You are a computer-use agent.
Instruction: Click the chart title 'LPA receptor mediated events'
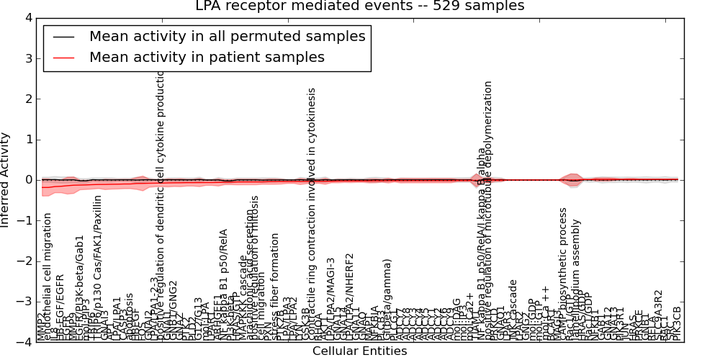[360, 6]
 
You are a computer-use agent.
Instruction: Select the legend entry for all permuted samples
[227, 36]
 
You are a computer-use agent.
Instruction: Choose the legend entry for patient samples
[207, 57]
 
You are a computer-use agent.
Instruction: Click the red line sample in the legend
[63, 58]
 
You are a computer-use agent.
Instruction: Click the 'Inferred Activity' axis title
[6, 180]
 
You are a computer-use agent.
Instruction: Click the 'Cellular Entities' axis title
[359, 351]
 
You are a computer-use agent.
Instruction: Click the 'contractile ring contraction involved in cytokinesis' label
[312, 209]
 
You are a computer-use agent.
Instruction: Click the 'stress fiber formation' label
[274, 295]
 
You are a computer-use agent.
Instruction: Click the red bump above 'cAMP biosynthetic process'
[572, 179]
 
